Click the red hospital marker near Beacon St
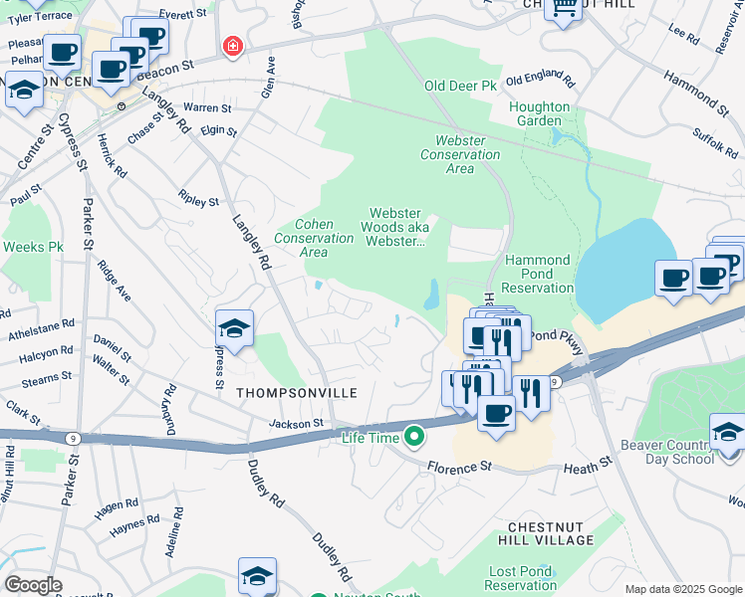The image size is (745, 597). pyautogui.click(x=232, y=46)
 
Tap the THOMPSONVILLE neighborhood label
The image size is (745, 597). pyautogui.click(x=296, y=393)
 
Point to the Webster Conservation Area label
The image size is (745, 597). pyautogui.click(x=460, y=154)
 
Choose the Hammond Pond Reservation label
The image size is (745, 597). pyautogui.click(x=538, y=274)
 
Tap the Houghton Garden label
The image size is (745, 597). pyautogui.click(x=540, y=113)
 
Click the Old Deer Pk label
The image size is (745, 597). pyautogui.click(x=460, y=87)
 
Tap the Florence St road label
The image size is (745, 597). pyautogui.click(x=460, y=466)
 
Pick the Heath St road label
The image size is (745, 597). pyautogui.click(x=587, y=465)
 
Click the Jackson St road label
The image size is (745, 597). pyautogui.click(x=297, y=424)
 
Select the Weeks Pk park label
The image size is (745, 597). pyautogui.click(x=33, y=246)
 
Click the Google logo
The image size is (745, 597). pyautogui.click(x=33, y=584)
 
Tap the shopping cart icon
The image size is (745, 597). pyautogui.click(x=564, y=9)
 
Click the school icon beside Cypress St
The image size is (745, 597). pyautogui.click(x=234, y=329)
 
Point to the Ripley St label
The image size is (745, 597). pyautogui.click(x=198, y=200)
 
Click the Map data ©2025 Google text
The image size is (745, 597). pyautogui.click(x=682, y=589)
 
